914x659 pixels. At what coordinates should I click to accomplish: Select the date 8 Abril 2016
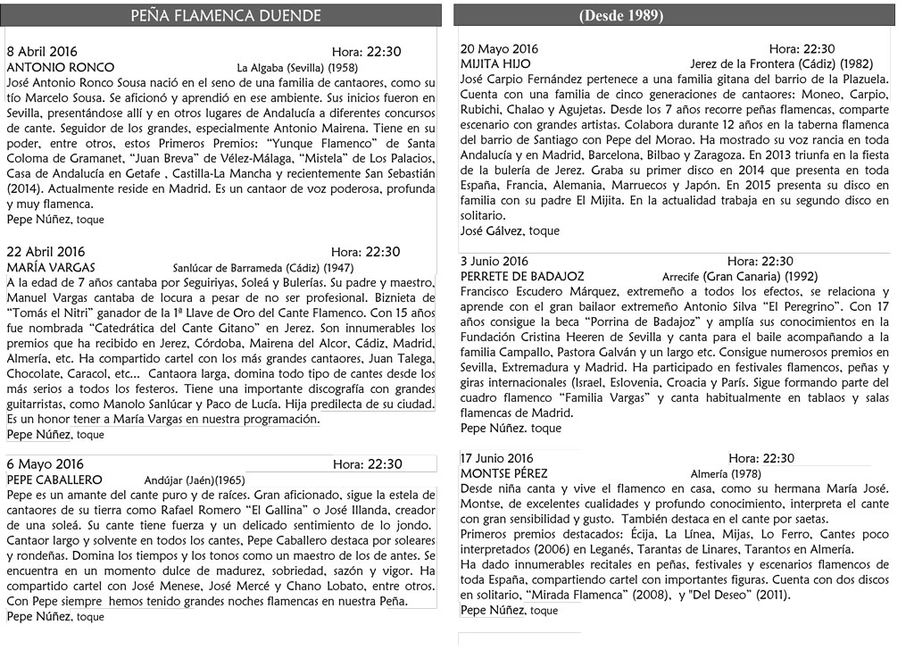point(42,52)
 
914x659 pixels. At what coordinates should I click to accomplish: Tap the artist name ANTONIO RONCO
point(60,68)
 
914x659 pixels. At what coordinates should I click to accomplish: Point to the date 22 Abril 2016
point(46,252)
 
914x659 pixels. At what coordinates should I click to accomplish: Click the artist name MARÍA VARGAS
point(51,267)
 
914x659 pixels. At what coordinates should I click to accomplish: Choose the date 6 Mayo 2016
point(45,463)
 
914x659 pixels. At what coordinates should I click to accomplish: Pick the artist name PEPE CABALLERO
point(54,479)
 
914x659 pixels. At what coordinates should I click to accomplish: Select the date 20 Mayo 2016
point(499,49)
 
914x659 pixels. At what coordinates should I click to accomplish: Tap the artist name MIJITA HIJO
point(495,64)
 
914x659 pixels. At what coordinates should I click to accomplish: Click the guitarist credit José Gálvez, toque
point(510,231)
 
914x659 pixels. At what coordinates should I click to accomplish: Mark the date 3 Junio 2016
point(494,262)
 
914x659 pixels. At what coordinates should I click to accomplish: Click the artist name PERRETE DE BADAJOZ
point(522,277)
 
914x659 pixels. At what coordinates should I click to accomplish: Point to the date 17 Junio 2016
point(496,459)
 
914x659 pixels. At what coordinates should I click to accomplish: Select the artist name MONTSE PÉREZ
point(504,474)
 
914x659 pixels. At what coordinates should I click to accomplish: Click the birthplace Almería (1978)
point(726,474)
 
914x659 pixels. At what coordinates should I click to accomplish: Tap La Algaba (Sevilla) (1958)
point(297,68)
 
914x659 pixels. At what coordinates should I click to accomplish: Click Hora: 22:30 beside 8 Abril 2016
point(366,52)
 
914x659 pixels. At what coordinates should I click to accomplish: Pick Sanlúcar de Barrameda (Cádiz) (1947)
point(263,268)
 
